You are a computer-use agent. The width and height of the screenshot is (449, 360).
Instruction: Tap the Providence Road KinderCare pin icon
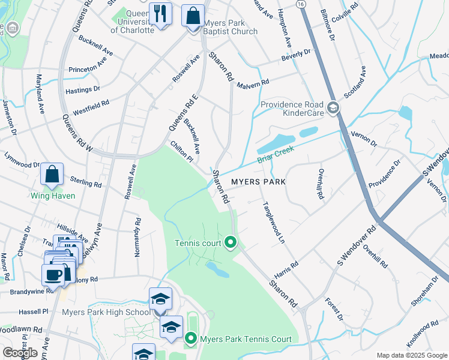click(333, 109)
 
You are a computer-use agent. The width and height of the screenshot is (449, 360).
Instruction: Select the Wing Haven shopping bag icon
click(52, 175)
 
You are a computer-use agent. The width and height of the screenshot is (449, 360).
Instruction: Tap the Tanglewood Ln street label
click(273, 221)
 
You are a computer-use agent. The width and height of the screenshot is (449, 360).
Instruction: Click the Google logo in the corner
click(20, 353)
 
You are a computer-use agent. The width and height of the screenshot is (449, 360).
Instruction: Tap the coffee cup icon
click(53, 275)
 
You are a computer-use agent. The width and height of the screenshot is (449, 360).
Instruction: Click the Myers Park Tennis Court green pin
click(191, 339)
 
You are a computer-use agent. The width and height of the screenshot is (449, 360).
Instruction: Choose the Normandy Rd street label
click(137, 238)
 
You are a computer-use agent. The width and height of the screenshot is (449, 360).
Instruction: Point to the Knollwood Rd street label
click(423, 334)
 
